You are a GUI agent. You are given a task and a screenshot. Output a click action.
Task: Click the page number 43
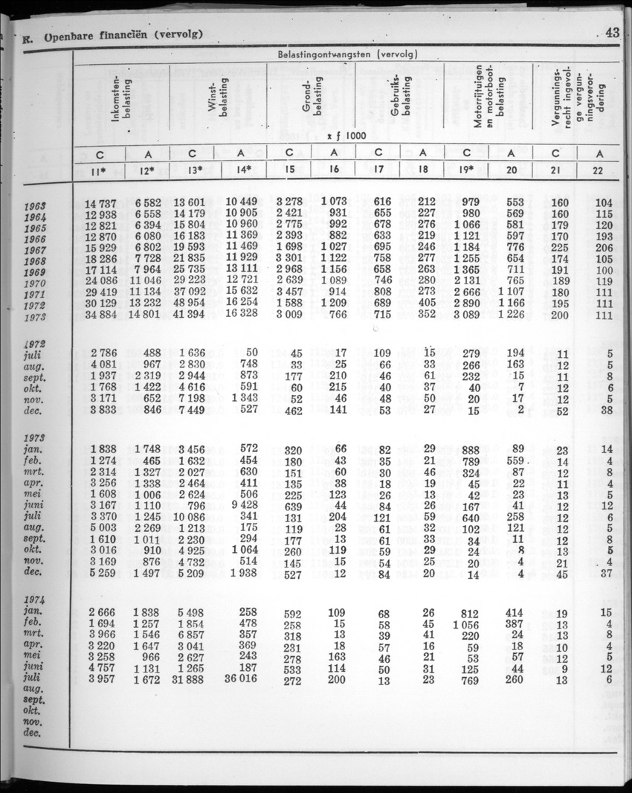pyautogui.click(x=613, y=33)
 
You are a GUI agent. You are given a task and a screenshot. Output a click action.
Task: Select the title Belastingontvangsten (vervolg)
pyautogui.click(x=347, y=54)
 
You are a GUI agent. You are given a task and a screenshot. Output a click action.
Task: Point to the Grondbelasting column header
pyautogui.click(x=312, y=96)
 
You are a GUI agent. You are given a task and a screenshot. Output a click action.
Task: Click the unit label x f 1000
pyautogui.click(x=347, y=135)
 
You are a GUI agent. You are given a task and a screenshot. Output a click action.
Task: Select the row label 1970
pyautogui.click(x=33, y=283)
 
